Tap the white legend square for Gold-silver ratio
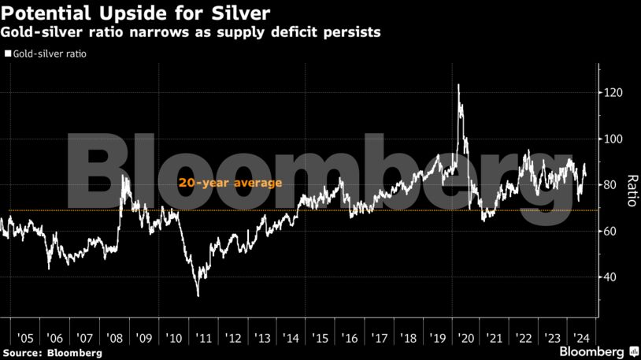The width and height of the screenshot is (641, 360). [8, 54]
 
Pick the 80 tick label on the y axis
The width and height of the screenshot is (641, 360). [612, 185]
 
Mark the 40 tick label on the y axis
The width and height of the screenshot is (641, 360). [612, 277]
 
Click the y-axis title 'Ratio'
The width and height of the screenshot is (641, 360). [631, 190]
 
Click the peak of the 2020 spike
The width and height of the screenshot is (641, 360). [458, 84]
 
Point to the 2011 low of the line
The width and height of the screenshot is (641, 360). [198, 295]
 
